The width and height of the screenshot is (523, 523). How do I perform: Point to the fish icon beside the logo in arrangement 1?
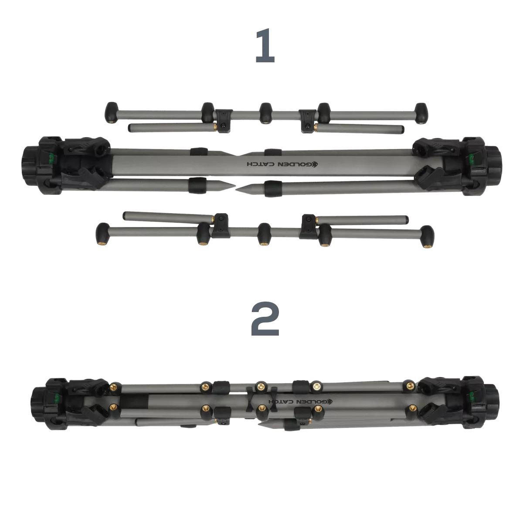point(316,164)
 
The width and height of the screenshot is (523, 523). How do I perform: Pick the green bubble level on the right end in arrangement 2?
point(472,396)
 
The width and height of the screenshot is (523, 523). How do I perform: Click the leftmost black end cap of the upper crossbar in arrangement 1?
point(111,112)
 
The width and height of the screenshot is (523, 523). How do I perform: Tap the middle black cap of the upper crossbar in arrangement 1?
point(265,113)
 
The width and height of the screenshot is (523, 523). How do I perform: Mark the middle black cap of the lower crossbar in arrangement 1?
point(264,234)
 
